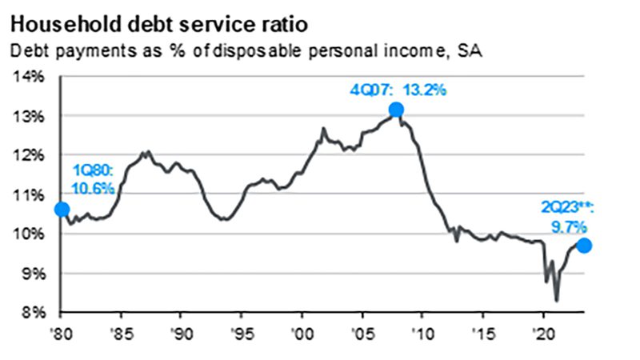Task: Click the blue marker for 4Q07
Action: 395,110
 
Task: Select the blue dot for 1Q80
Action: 61,210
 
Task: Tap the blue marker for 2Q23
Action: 584,246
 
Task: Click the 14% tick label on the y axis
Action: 30,78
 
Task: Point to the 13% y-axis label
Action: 30,117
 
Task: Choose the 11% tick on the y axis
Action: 30,195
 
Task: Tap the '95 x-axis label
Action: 242,332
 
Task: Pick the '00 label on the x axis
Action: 302,332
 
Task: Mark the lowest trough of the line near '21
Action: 557,300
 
